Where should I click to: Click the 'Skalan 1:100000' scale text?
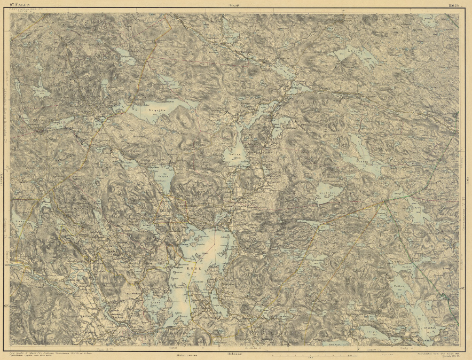(186, 354)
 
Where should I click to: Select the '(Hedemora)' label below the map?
(234, 354)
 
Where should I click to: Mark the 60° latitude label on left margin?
(7, 306)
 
